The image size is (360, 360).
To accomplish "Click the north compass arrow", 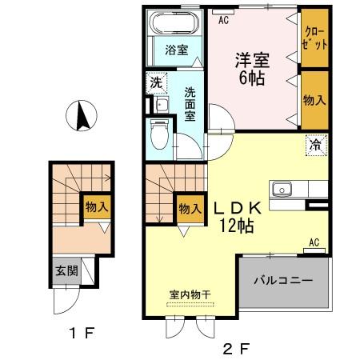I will pos(81,118).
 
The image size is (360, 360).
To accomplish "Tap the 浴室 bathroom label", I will pos(176,50).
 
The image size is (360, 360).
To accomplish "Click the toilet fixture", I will pos(161,132).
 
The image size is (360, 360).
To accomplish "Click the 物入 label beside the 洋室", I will pos(314,100).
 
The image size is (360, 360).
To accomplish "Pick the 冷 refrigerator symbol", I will pos(315,146).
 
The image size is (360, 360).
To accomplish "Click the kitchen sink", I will pos(282,190).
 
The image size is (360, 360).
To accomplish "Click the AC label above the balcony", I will pos(314,243).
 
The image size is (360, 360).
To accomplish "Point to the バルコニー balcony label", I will pos(283,282).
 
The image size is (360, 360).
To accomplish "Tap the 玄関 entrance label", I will pos(66,271).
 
